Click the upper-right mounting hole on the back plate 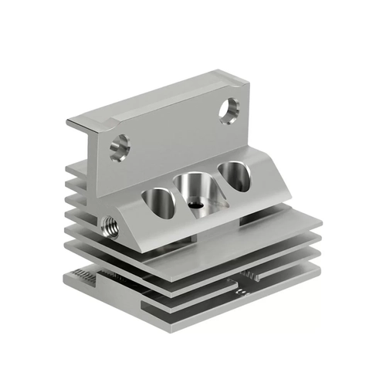click(x=229, y=110)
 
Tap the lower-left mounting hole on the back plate click(x=119, y=147)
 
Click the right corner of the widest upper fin click(x=319, y=227)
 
